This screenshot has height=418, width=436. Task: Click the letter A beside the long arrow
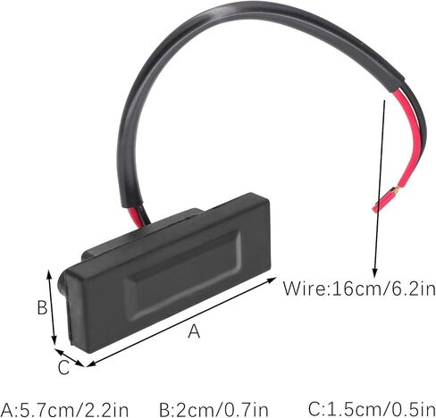click(x=194, y=331)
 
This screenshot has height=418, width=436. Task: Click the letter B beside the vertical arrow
click(x=42, y=307)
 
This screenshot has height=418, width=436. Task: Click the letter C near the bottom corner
click(x=63, y=367)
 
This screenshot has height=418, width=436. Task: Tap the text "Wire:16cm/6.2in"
click(x=359, y=288)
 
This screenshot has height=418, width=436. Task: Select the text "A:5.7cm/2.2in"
click(x=64, y=410)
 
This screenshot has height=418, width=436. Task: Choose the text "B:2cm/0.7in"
click(x=214, y=410)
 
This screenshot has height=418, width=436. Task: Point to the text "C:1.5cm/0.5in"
click(x=372, y=409)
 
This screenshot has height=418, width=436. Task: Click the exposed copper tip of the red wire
click(x=395, y=188)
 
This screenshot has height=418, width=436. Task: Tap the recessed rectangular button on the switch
click(x=183, y=274)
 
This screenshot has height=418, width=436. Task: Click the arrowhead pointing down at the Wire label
click(x=375, y=273)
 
